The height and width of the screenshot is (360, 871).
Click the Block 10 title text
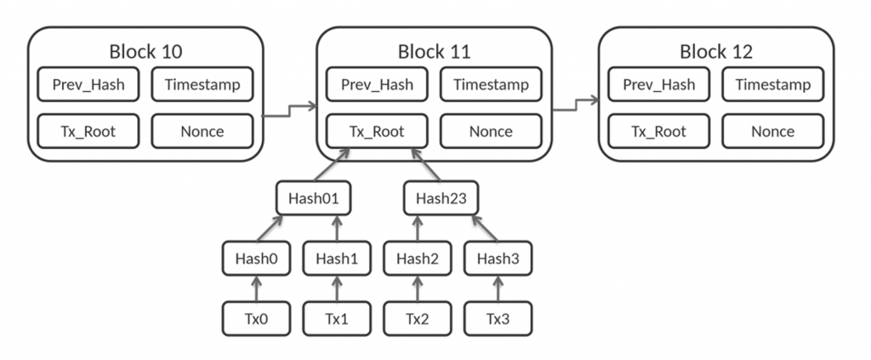pos(145,51)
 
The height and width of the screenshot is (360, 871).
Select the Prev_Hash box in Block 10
pos(88,85)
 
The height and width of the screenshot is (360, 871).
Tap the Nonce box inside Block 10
pos(202,131)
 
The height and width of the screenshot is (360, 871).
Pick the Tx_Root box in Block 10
pos(88,131)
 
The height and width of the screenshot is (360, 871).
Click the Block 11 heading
pos(434,51)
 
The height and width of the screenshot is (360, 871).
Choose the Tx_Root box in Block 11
pos(377,131)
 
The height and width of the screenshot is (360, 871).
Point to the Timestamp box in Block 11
pos(491,85)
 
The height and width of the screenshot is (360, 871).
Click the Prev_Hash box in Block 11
pos(377,85)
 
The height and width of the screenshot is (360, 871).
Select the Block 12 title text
pos(716,51)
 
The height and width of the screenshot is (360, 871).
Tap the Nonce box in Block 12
pos(772,131)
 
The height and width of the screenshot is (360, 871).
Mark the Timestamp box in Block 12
pos(772,85)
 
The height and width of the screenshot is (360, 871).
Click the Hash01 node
pos(314,199)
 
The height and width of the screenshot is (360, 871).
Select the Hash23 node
pos(437,199)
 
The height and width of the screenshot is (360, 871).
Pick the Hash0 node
pos(257,259)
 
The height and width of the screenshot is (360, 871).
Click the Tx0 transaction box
pos(257,318)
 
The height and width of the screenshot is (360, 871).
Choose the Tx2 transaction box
pos(417,318)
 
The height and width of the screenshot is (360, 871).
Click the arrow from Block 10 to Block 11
pos(289,109)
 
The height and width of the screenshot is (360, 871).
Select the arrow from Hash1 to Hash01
pos(336,228)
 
